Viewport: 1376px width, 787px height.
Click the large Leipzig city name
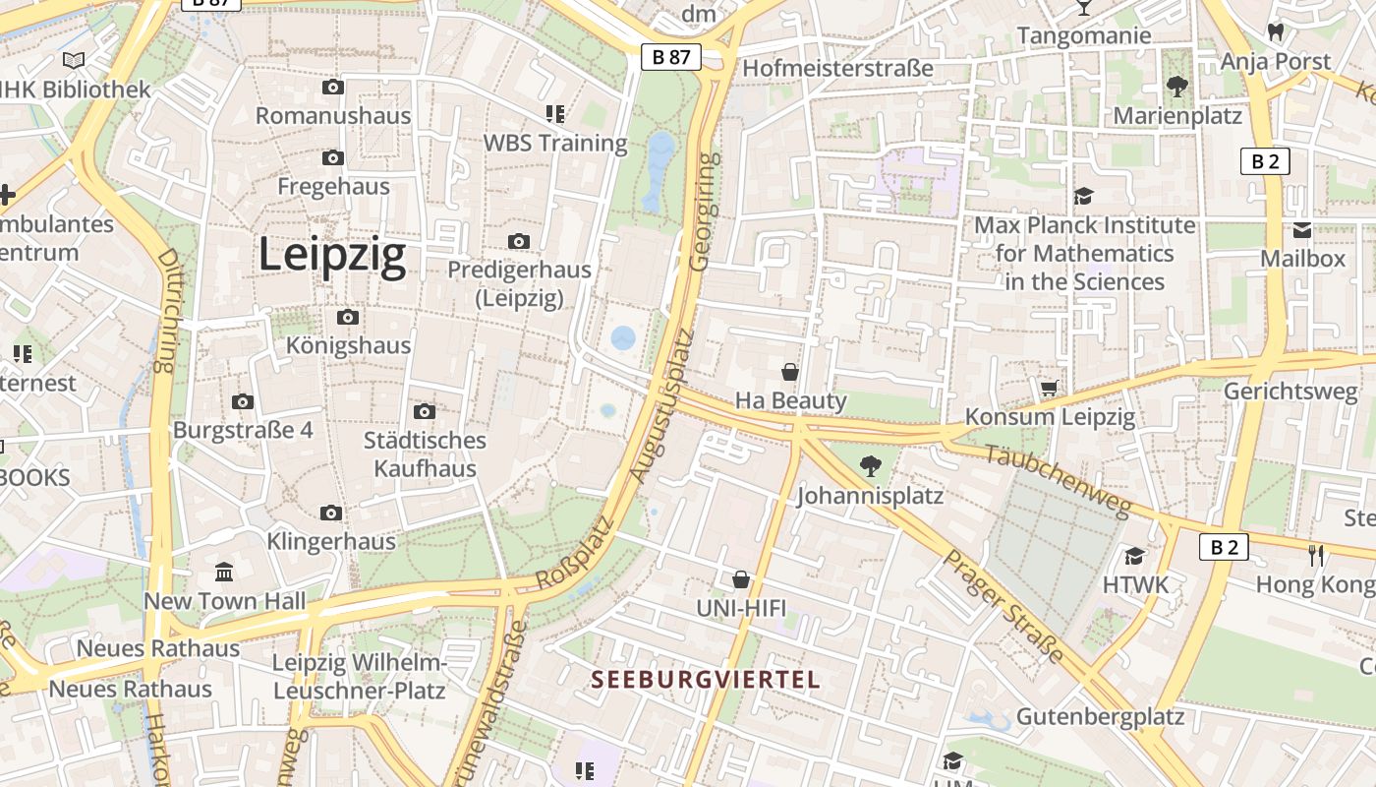point(332,256)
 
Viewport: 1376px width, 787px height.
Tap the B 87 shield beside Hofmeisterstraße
point(671,57)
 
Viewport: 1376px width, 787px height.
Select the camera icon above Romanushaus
point(333,87)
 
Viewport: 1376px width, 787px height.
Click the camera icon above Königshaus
point(347,317)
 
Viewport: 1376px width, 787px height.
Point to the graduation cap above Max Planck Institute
point(1083,197)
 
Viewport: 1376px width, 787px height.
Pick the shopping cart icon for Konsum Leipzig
point(1049,389)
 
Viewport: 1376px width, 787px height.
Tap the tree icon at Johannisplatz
point(870,465)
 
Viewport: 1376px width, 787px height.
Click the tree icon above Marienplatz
point(1176,87)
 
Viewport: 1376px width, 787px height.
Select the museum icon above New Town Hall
point(224,572)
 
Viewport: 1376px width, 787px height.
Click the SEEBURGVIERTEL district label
point(705,679)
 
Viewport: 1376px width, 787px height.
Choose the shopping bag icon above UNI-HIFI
point(741,579)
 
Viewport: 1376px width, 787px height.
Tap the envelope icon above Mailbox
point(1302,230)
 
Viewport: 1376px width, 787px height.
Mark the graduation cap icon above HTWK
point(1135,556)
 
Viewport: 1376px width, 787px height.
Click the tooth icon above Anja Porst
point(1276,31)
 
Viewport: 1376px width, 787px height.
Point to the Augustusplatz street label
point(661,405)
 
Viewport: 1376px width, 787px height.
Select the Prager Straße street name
point(1003,606)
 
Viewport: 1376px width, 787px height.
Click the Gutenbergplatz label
point(1100,715)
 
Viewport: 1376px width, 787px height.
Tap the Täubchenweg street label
point(1059,481)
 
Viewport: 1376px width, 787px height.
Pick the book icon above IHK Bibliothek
point(74,60)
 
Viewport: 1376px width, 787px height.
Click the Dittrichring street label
point(166,310)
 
